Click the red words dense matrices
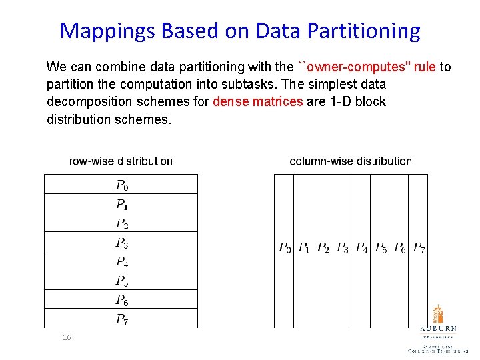coord(258,102)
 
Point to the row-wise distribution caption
coord(121,161)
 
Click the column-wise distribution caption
coord(351,161)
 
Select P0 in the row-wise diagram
coord(122,185)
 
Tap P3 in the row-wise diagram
coord(122,243)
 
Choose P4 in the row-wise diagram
coord(122,262)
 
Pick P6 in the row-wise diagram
coord(122,301)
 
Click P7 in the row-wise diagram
coord(122,319)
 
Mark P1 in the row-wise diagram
coord(122,204)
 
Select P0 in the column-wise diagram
coord(285,249)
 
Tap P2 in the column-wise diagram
coord(323,249)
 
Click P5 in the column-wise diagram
coord(381,249)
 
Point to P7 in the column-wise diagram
coord(419,249)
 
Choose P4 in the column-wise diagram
coord(361,249)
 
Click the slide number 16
coord(66,338)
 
